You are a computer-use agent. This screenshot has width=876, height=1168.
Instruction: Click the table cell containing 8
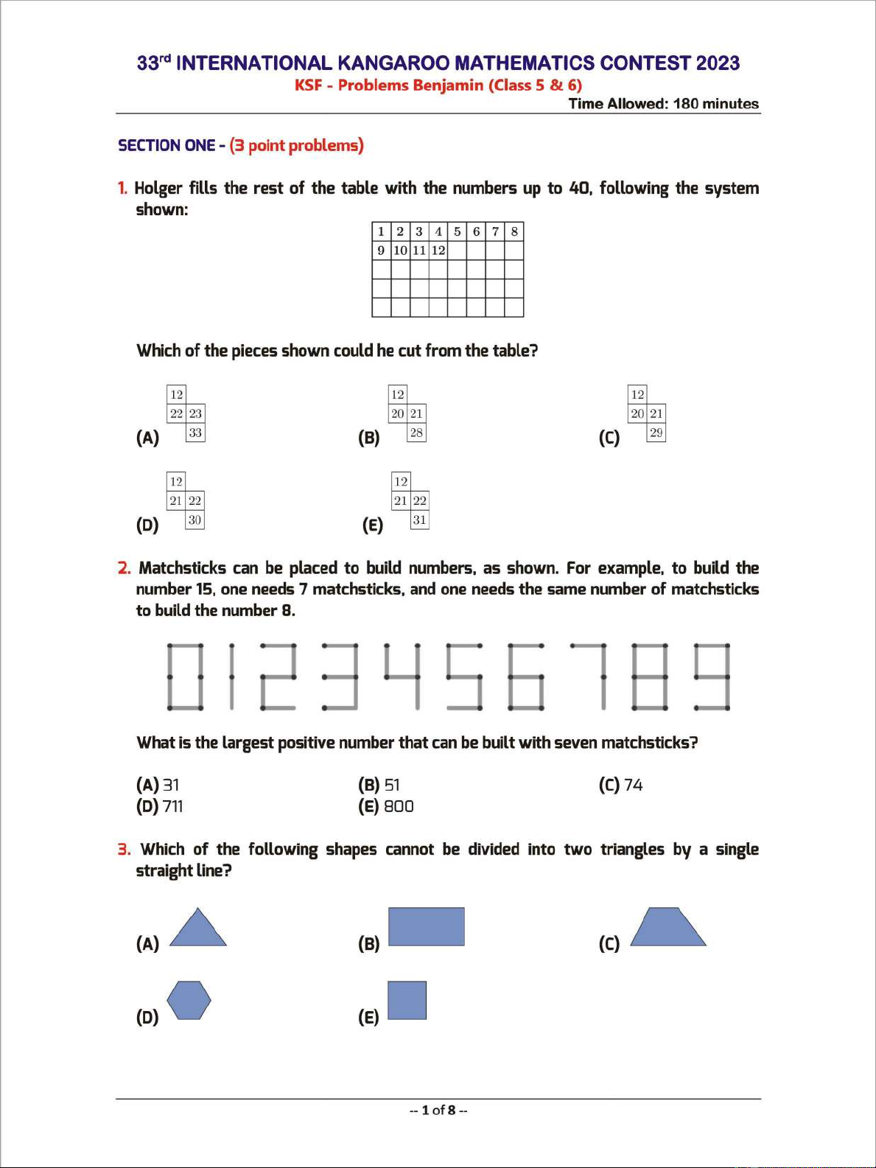pos(514,231)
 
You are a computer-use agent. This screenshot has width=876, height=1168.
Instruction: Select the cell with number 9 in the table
pos(381,251)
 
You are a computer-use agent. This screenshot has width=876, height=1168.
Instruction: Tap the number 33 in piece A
pos(195,433)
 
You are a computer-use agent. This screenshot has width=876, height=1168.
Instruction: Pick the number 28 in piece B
pos(416,433)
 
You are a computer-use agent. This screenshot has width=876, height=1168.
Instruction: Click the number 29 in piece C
pos(656,433)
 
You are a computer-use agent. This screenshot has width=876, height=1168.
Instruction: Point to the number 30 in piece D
pos(195,520)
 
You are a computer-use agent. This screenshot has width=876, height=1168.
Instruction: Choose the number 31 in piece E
pos(419,520)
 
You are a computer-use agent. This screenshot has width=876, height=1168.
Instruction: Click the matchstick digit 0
pos(185,676)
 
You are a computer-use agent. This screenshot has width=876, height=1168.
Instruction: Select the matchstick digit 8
pos(650,676)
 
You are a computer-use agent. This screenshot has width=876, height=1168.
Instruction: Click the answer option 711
pos(172,806)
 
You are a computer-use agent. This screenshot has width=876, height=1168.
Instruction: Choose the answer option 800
pos(399,806)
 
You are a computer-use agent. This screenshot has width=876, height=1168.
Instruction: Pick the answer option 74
pos(633,785)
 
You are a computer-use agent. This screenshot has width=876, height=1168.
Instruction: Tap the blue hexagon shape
pos(189,1000)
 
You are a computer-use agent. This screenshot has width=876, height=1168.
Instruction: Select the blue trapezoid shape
pos(668,928)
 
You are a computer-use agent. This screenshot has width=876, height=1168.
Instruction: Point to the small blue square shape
pos(407,1000)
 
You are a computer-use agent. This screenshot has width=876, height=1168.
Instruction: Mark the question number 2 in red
pos(124,568)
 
